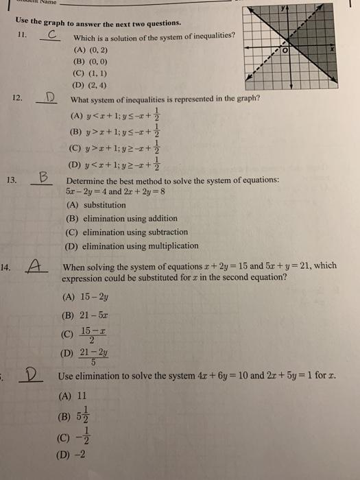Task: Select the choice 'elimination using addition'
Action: pos(121,218)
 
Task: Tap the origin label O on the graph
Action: pos(297,51)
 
